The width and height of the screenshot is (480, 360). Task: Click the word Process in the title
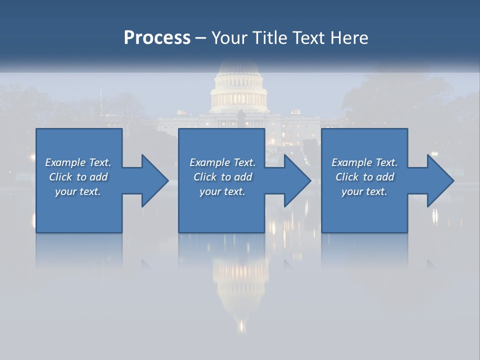157,38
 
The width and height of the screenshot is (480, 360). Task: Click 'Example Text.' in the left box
78,162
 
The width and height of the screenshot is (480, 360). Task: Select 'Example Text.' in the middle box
222,162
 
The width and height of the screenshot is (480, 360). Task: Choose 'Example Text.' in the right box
364,162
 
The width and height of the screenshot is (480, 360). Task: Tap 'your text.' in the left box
78,191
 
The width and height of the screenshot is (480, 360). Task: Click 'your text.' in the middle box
222,191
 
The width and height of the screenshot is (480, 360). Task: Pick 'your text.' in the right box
364,191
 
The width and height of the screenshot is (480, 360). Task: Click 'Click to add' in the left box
78,177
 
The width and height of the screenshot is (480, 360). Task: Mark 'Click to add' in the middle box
222,177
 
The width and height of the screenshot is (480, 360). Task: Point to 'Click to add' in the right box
364,177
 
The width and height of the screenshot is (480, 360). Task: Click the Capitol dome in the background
239,87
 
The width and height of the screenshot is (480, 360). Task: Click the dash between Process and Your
200,38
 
